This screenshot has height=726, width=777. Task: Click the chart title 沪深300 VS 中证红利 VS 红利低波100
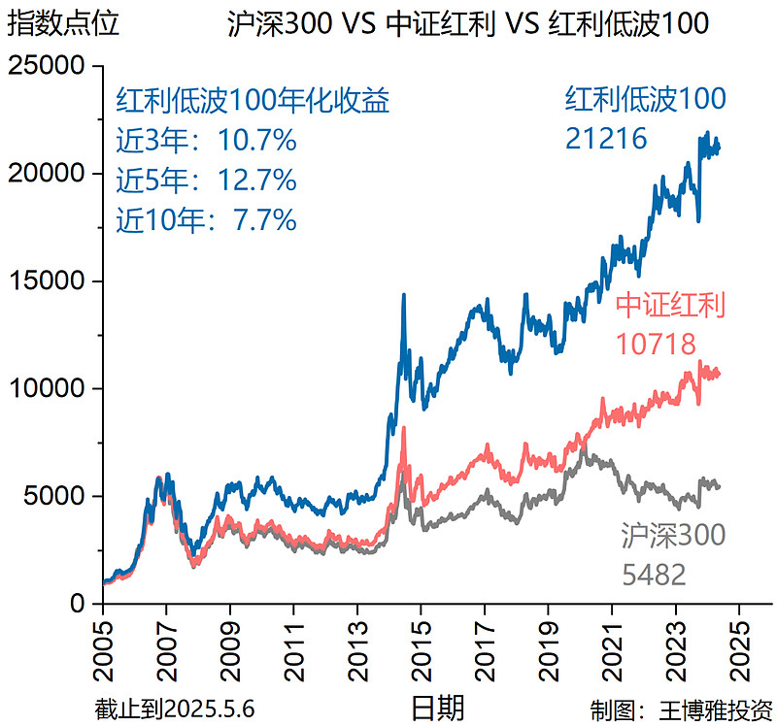point(467,23)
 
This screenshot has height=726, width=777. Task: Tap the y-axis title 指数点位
point(63,23)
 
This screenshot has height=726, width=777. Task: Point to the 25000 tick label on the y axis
point(48,67)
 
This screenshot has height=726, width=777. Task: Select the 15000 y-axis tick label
point(48,281)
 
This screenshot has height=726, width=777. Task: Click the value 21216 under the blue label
point(606,140)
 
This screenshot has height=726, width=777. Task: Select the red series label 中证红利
point(671,306)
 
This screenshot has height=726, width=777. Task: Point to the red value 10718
point(657,345)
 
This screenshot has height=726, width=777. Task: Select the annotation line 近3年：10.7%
point(206,142)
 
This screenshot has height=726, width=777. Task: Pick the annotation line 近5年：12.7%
point(206,181)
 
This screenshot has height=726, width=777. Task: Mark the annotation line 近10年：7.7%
point(206,219)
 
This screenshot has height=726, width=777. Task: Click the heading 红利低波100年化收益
point(253,101)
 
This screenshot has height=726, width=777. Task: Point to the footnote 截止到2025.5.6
point(175,708)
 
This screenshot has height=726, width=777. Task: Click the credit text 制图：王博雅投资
point(681,708)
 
